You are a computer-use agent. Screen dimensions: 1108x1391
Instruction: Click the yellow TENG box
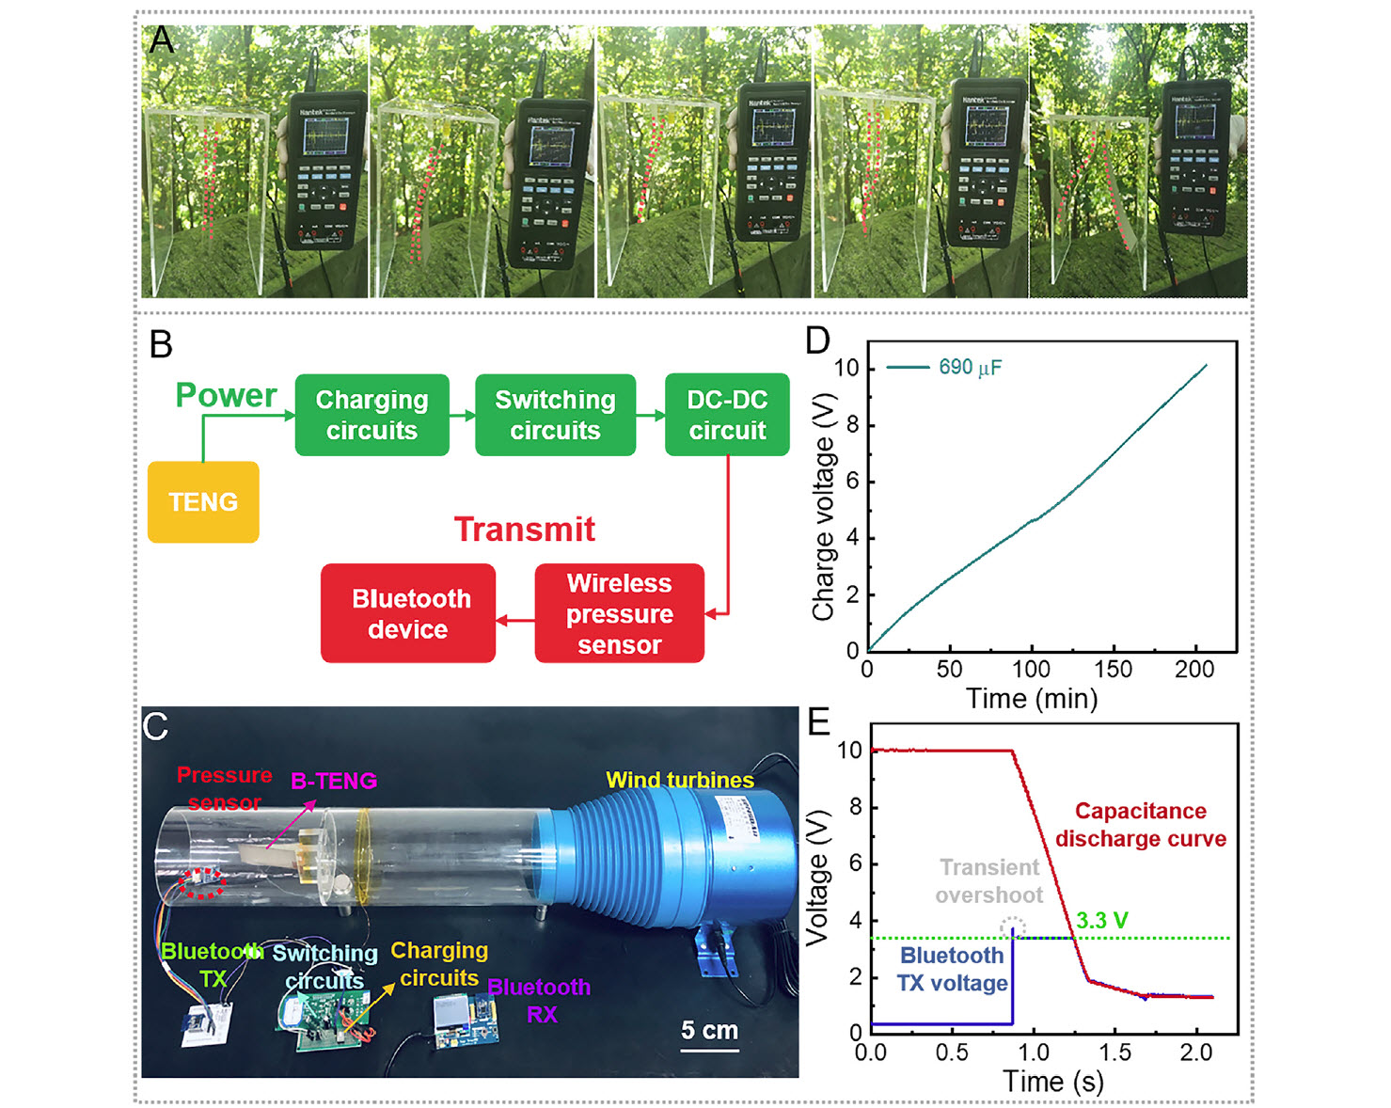coord(203,501)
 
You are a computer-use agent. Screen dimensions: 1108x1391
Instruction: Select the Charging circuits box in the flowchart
coord(371,415)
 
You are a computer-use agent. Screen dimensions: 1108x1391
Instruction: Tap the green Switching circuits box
coord(555,415)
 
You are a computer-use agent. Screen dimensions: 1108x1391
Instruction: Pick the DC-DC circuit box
coord(727,415)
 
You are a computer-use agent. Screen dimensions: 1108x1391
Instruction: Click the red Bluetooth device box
coord(408,613)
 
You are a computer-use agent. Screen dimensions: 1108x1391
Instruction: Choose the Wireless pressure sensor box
coord(619,613)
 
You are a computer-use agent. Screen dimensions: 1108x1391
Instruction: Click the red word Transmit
coord(525,530)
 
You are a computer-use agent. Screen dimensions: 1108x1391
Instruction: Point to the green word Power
coord(226,395)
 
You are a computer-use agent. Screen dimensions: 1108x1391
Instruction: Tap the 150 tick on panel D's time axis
coord(1114,669)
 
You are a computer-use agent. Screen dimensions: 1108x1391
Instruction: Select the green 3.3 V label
coord(1101,921)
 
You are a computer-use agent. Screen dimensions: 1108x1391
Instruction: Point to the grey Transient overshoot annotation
coord(989,881)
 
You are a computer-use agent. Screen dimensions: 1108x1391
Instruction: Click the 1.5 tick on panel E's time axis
coord(1115,1052)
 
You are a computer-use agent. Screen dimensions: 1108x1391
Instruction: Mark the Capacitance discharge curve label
coord(1141,825)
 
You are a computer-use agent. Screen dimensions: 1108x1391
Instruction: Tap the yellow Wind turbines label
coord(680,780)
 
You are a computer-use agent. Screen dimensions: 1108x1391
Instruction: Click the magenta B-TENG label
coord(334,781)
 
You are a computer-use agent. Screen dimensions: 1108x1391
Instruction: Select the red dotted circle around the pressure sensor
coord(202,883)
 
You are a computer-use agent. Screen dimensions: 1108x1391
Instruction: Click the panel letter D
coord(817,340)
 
